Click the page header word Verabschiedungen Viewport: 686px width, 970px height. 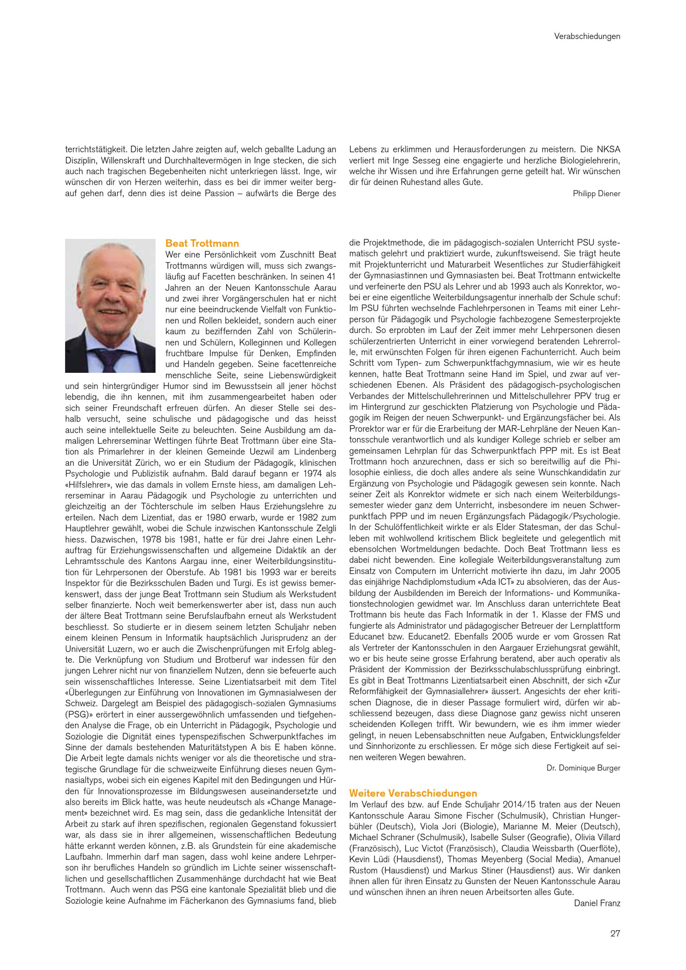[x=587, y=36]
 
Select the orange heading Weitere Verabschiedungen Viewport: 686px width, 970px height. [x=413, y=793]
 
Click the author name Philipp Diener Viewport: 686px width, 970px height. [x=596, y=193]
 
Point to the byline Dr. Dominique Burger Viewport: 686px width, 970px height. [x=583, y=768]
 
